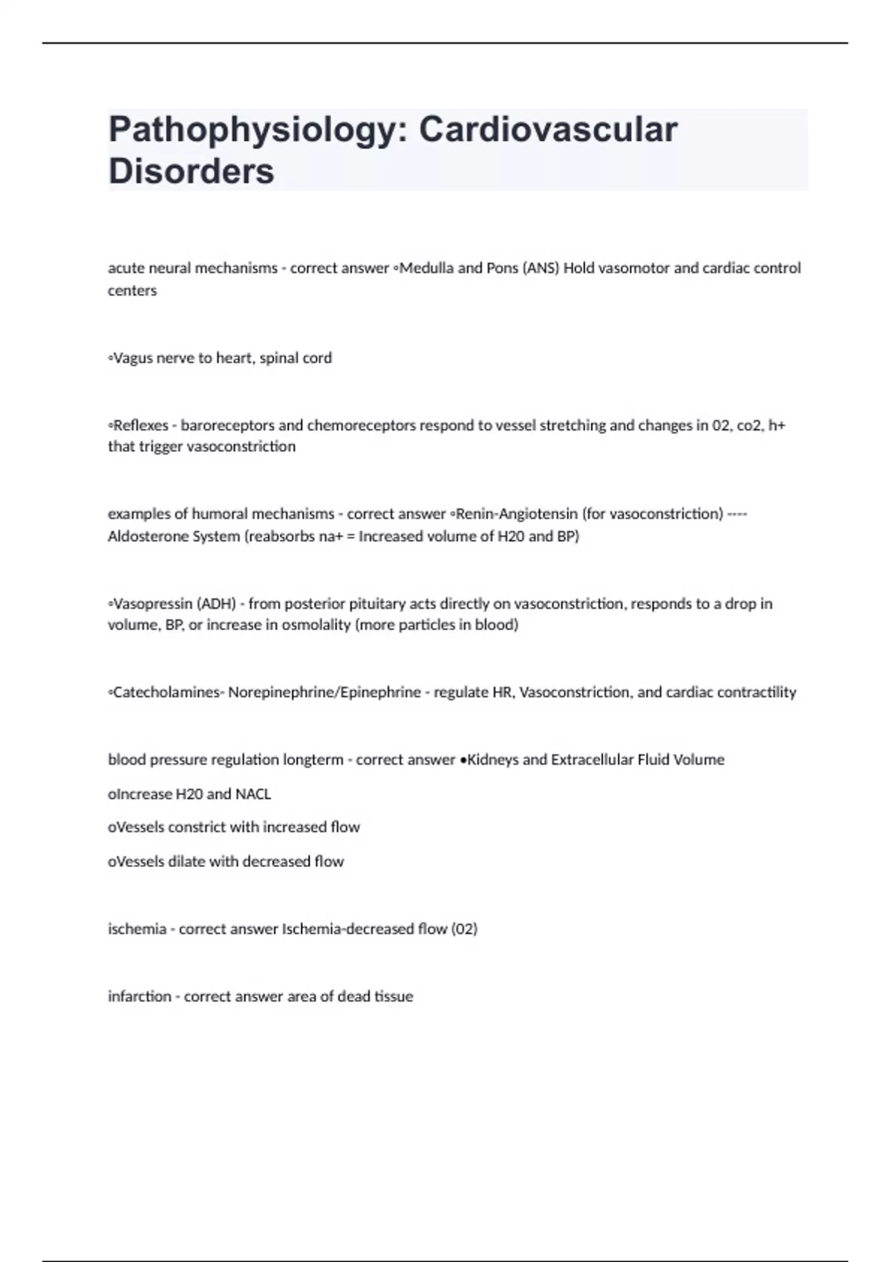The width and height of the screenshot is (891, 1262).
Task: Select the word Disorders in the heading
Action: click(192, 171)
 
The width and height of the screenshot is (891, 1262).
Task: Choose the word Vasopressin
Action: click(152, 604)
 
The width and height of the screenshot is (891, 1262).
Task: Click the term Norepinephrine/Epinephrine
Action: click(324, 692)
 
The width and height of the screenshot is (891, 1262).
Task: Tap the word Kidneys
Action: click(493, 759)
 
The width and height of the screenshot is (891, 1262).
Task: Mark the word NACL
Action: click(253, 794)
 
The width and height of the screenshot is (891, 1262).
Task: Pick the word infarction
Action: click(140, 996)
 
